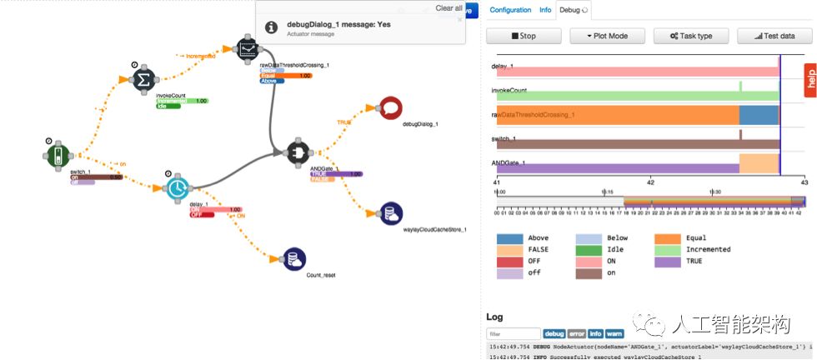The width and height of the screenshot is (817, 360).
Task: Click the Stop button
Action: [523, 36]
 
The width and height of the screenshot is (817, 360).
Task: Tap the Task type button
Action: [689, 36]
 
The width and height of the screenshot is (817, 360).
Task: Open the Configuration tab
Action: [510, 10]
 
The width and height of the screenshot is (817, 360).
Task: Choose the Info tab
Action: [545, 10]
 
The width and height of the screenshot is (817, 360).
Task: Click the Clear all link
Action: [449, 8]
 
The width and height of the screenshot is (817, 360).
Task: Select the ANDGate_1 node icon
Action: [298, 151]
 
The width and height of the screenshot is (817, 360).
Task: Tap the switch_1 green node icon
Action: [56, 154]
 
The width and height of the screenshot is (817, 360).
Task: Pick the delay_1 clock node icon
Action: [177, 187]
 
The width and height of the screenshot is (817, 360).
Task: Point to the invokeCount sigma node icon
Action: [143, 79]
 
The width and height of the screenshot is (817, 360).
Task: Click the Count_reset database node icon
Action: [294, 259]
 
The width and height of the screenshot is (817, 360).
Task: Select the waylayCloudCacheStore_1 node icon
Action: [391, 213]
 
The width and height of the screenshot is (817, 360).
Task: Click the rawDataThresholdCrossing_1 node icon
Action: [248, 48]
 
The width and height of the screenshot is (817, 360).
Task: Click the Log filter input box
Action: [514, 334]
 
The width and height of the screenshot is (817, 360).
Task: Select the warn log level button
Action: [614, 334]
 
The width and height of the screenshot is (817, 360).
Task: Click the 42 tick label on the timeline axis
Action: [650, 181]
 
